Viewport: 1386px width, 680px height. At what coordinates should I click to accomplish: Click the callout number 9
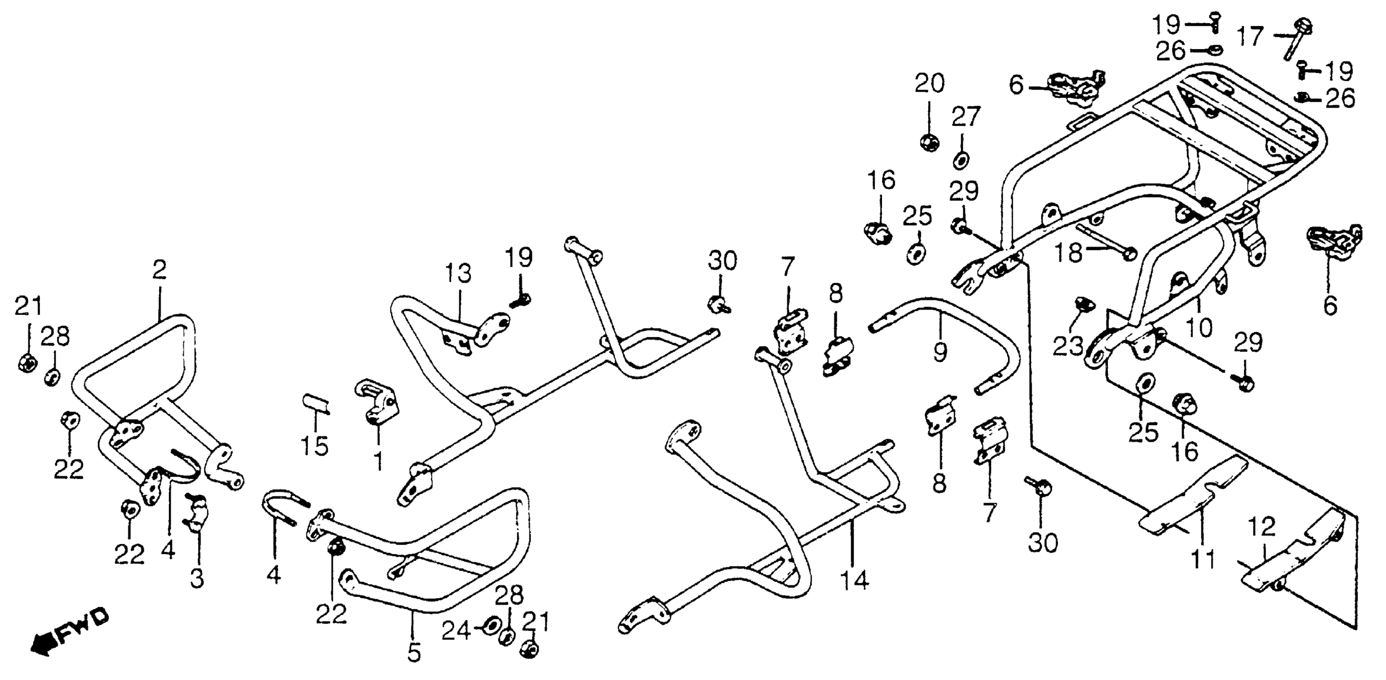pyautogui.click(x=940, y=352)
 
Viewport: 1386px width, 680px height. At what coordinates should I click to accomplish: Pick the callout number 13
pyautogui.click(x=458, y=273)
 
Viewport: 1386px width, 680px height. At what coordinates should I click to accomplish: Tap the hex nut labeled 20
pyautogui.click(x=929, y=142)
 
